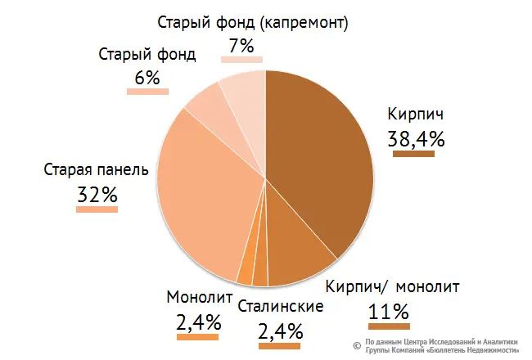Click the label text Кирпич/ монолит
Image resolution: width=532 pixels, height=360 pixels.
392,287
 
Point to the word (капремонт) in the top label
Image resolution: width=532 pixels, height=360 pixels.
302,22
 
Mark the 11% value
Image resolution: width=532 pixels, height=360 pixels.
388,312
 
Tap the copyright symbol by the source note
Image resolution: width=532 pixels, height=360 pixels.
357,345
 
